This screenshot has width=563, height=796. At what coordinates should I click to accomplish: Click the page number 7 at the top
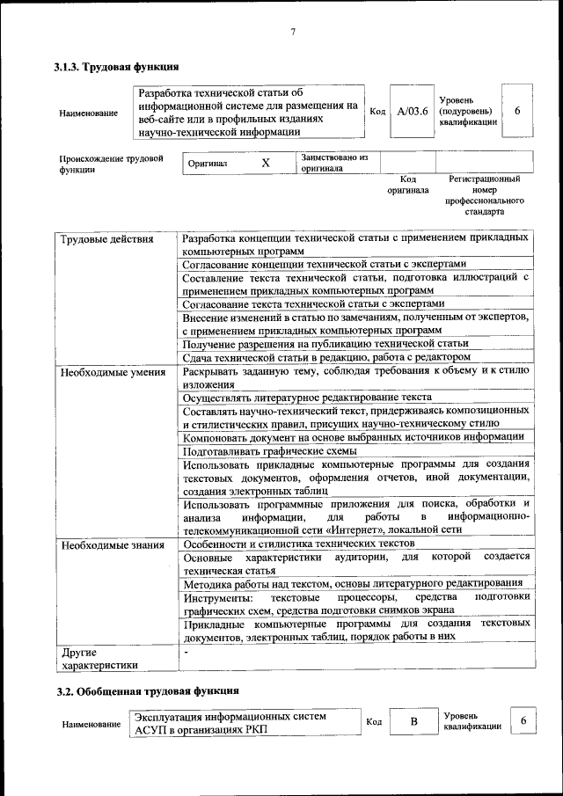coord(293,33)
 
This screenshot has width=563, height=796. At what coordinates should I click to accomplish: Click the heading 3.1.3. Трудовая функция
coord(117,67)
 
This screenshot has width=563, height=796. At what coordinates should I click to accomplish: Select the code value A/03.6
coord(412,112)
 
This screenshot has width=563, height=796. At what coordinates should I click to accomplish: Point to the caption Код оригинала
coord(407,184)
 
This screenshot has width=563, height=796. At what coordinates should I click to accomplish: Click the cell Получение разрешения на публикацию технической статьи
coord(325,343)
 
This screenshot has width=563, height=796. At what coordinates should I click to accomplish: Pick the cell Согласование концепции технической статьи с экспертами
coord(324,263)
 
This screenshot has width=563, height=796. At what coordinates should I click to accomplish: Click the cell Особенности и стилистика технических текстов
coord(298,544)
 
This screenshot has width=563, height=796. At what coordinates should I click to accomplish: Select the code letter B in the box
coord(413,722)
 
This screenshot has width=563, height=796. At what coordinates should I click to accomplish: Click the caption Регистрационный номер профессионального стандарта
coord(484,195)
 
